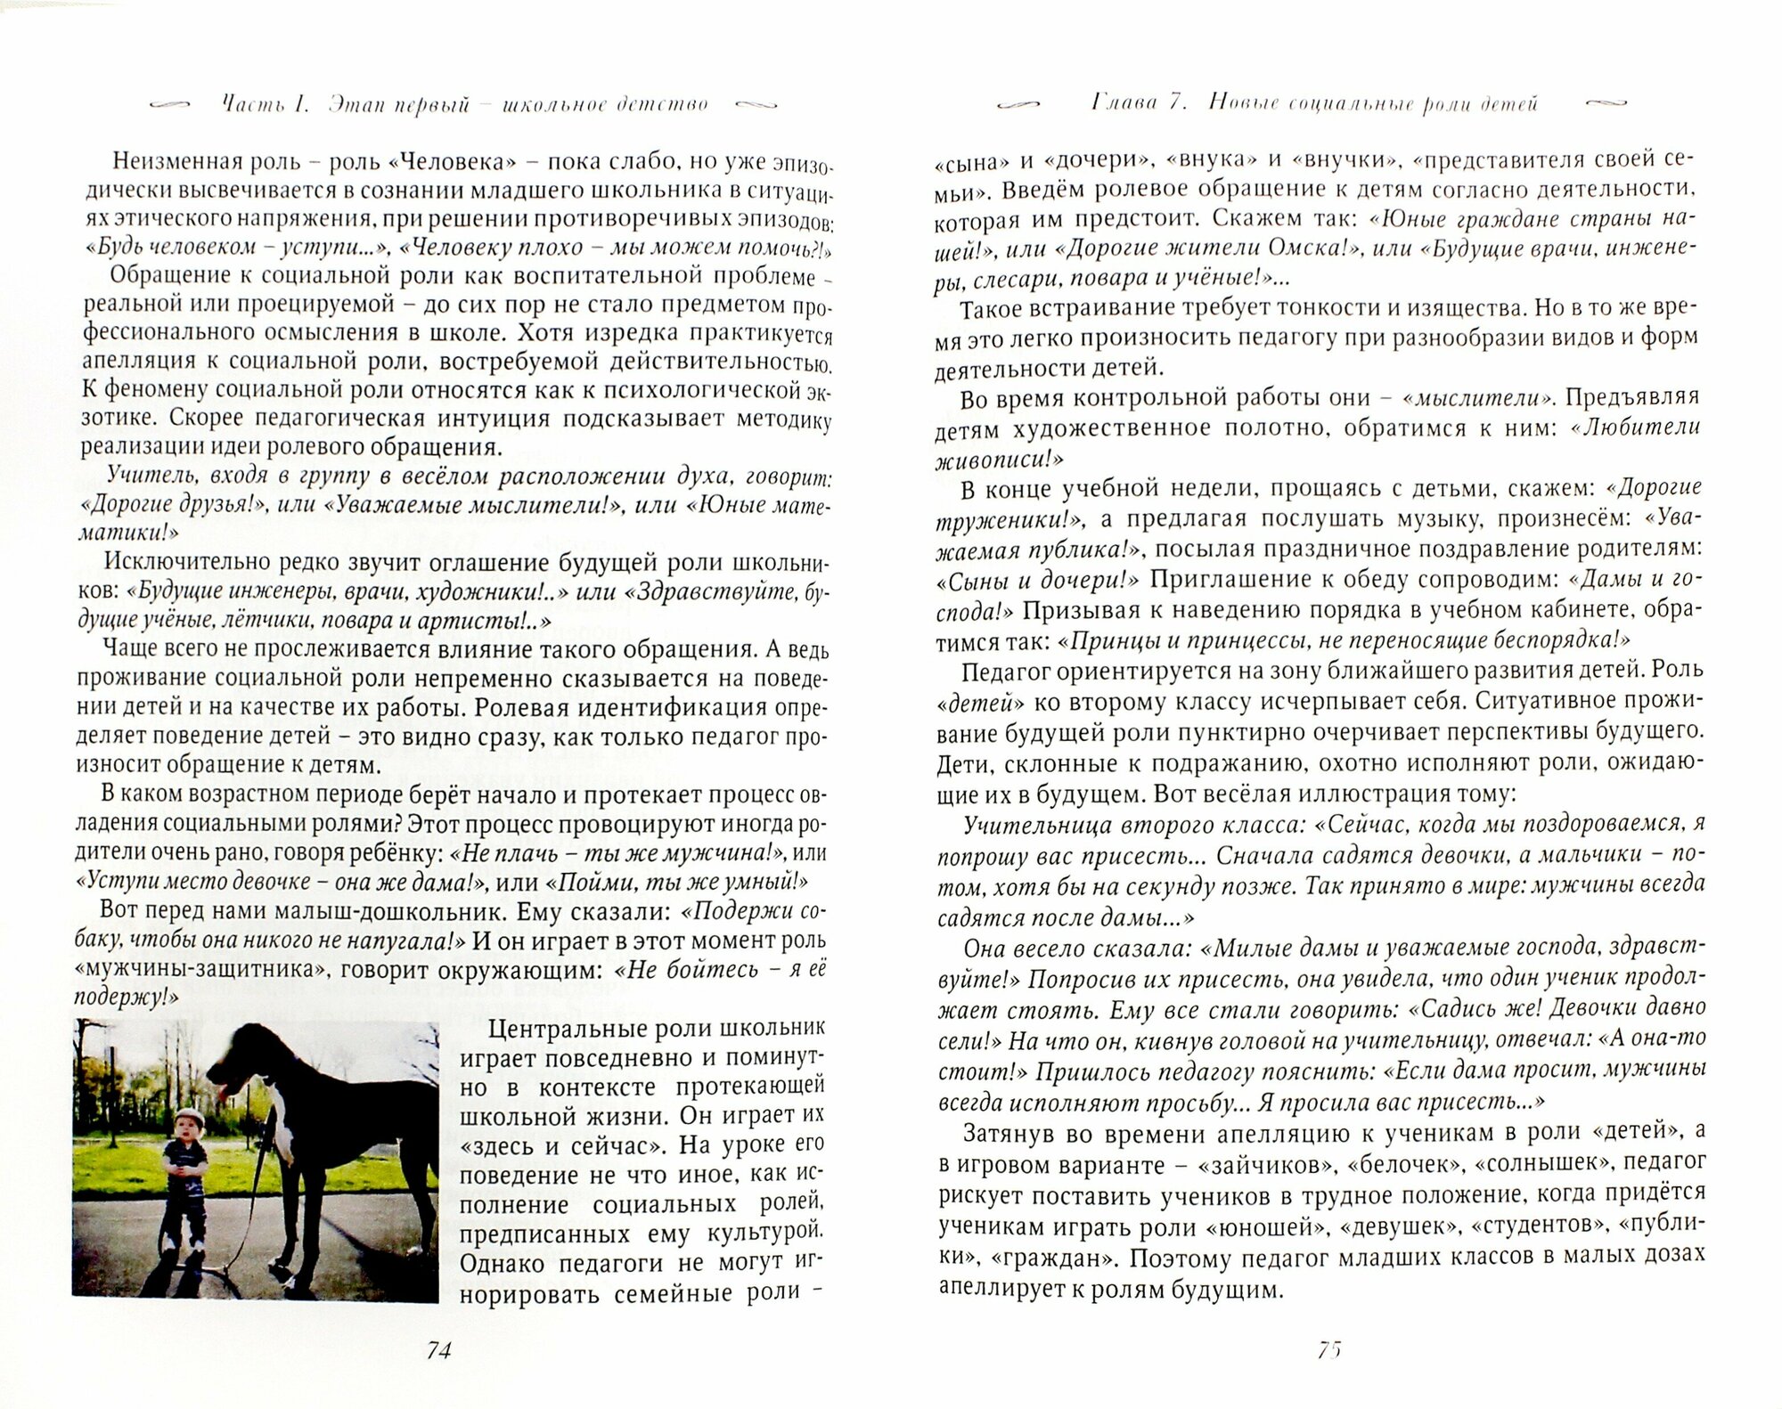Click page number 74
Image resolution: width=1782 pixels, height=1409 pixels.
(438, 1351)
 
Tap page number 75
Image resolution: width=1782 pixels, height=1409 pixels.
(1328, 1350)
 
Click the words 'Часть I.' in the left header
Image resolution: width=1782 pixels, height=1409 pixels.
(265, 104)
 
